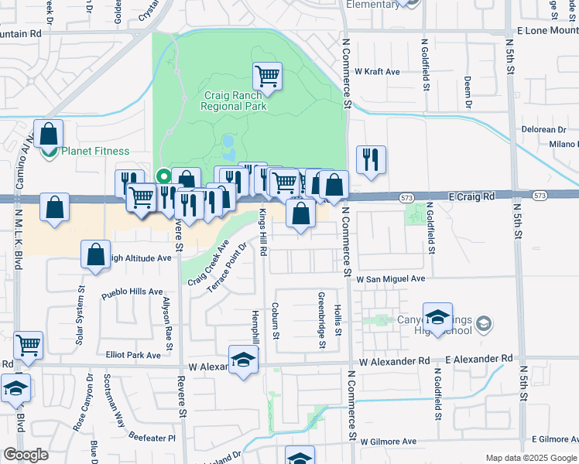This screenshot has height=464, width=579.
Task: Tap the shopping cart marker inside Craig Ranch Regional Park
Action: pyautogui.click(x=267, y=77)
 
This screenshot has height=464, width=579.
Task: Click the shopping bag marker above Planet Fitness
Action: pyautogui.click(x=48, y=135)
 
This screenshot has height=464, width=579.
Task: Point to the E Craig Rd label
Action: pyautogui.click(x=472, y=197)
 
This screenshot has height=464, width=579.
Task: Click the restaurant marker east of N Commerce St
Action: pyautogui.click(x=370, y=160)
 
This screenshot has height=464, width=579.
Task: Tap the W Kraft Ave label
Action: pyautogui.click(x=377, y=72)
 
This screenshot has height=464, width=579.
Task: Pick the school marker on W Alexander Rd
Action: pyautogui.click(x=243, y=360)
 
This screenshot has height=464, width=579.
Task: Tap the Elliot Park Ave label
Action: pyautogui.click(x=133, y=355)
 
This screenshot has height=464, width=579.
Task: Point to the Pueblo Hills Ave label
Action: pyautogui.click(x=133, y=294)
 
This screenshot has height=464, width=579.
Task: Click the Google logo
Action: pyautogui.click(x=26, y=455)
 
